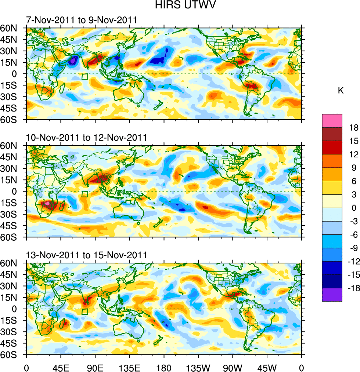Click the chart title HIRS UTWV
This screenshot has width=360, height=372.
click(180, 6)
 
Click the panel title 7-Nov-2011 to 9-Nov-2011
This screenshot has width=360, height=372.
click(81, 20)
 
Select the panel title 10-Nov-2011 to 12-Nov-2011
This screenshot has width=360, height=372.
click(86, 138)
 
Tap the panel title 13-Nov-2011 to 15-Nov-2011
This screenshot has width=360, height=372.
click(86, 255)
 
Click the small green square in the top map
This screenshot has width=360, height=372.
click(85, 76)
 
